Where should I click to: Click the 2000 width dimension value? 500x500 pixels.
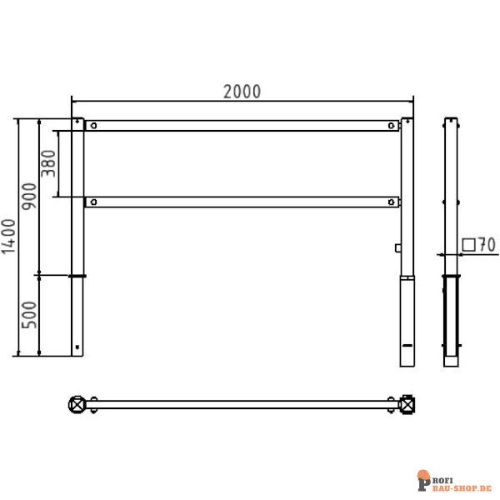point(242,92)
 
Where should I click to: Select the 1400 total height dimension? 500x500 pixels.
point(9,237)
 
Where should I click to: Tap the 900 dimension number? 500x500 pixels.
point(30,196)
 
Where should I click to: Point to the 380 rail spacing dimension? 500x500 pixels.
point(49,164)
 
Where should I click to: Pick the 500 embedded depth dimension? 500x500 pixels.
point(30,316)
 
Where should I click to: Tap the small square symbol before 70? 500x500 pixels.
point(468,245)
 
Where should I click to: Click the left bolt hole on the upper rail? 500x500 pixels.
point(94,126)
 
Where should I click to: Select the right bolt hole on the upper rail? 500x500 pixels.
point(392,126)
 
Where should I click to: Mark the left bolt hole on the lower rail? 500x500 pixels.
point(94,202)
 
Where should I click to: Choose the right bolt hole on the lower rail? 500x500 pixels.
point(392,202)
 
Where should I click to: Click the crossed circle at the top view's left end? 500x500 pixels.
point(77,405)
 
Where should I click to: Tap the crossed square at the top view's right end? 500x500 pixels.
point(407,405)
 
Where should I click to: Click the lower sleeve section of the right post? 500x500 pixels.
point(407,321)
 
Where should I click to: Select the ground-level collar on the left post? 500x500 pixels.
point(77,276)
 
